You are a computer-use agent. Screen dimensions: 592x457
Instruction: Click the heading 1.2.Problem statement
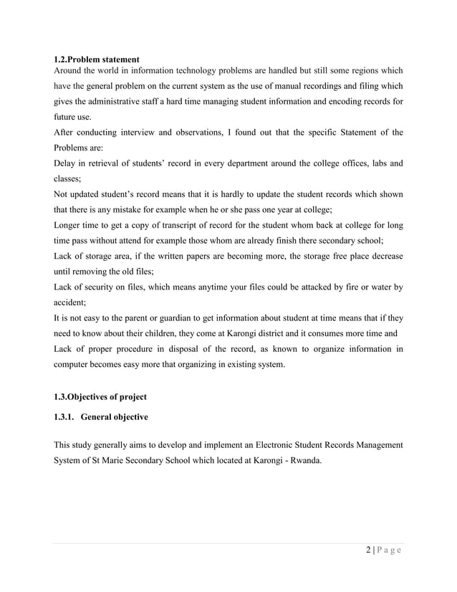[x=97, y=58]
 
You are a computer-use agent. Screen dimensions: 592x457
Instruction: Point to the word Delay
[x=65, y=164]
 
